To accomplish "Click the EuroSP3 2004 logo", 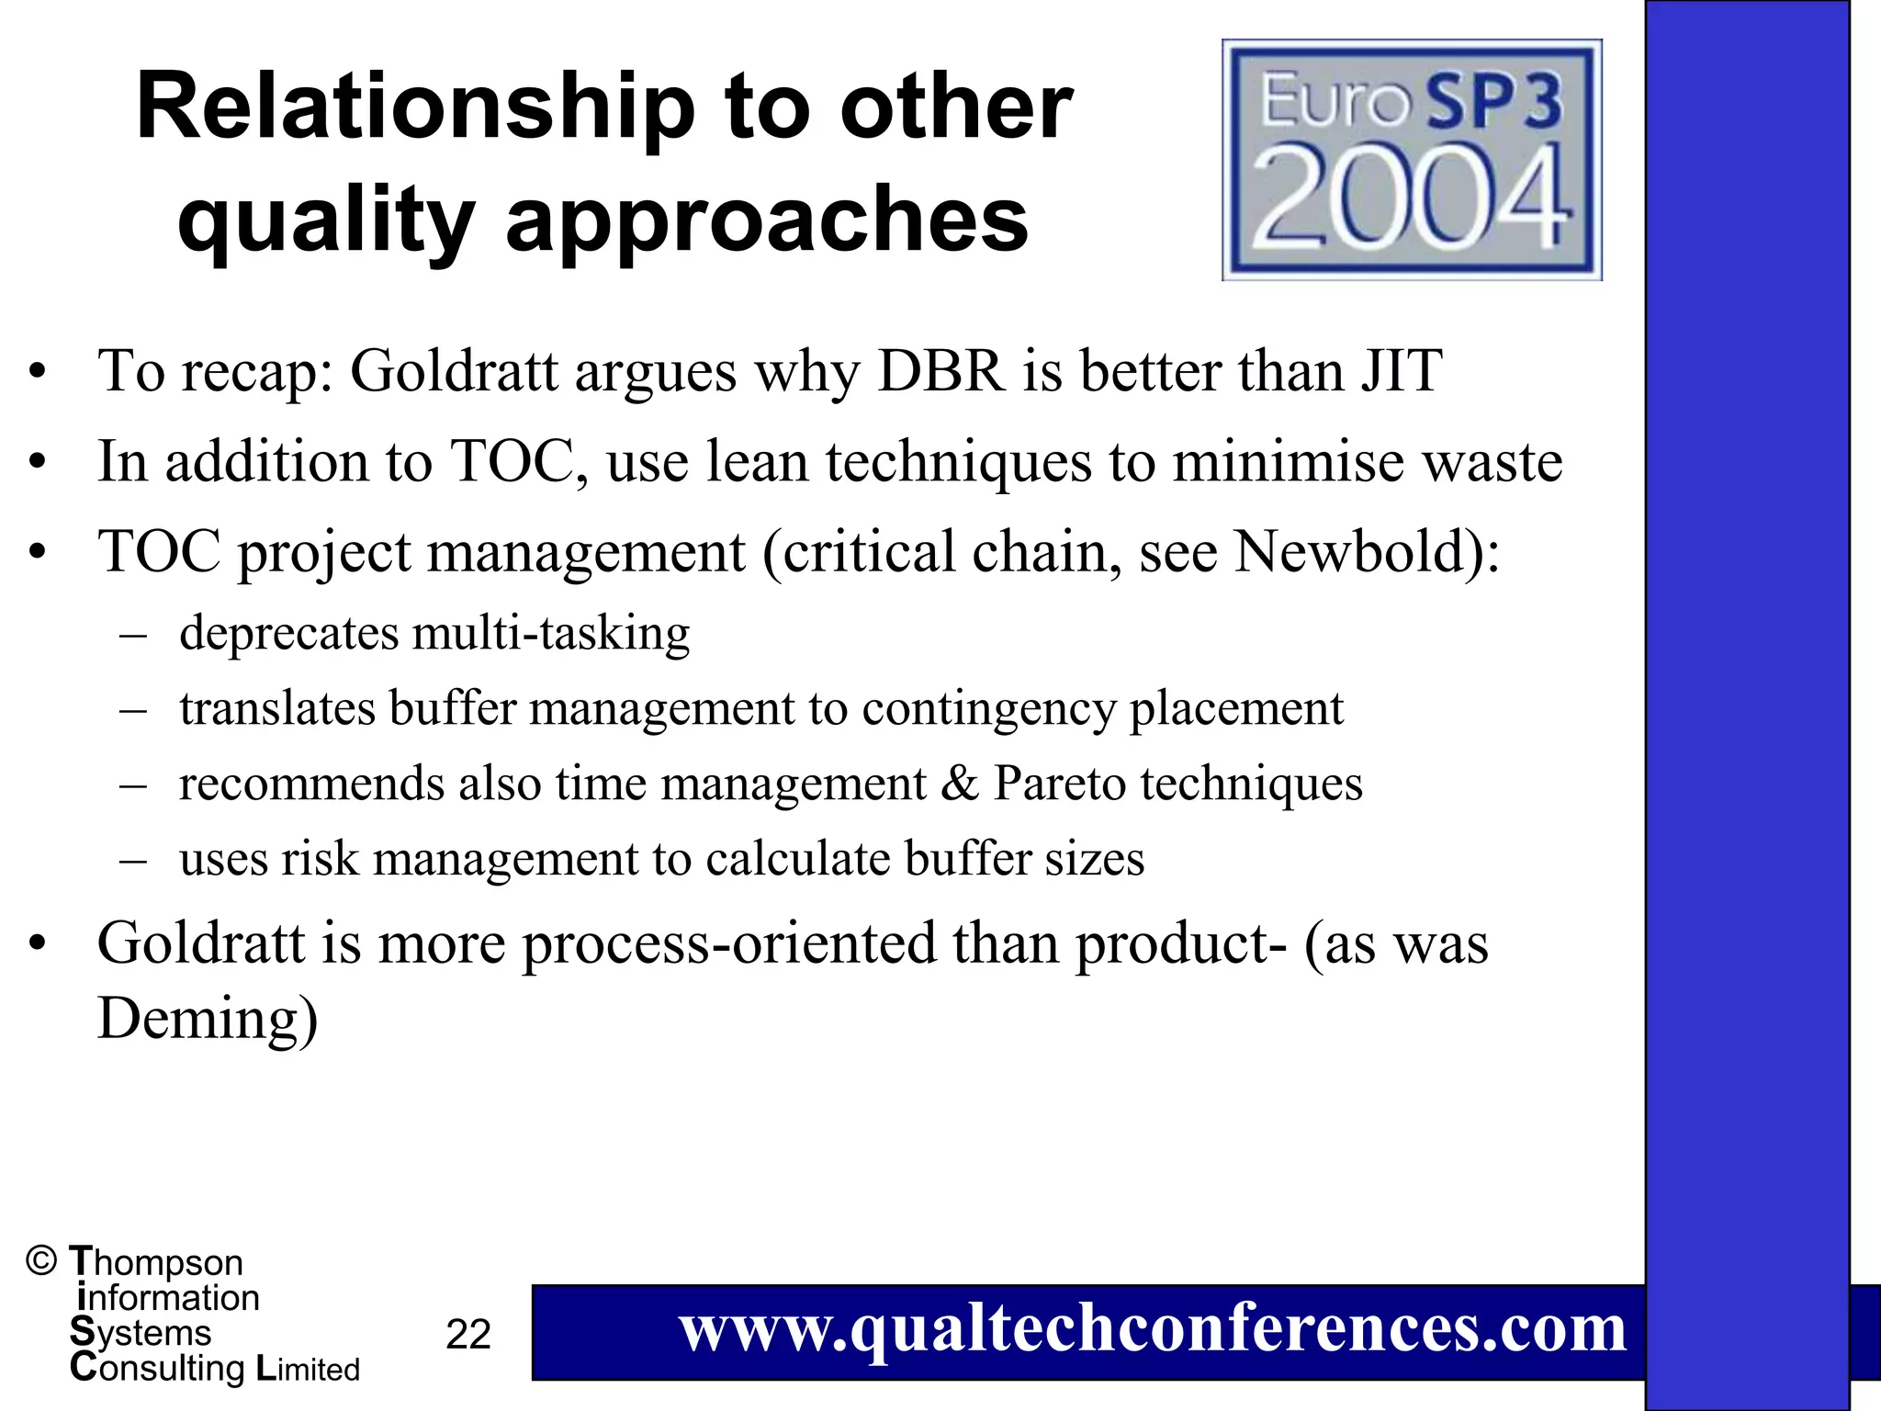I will pos(1412,160).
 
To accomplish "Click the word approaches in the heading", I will pos(767,220).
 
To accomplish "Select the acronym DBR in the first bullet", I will pos(941,371).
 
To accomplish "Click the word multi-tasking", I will pos(551,633).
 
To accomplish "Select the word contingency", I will pos(988,708).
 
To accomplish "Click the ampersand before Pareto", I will pos(960,784).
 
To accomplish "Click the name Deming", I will pos(208,1019).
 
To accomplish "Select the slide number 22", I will pos(468,1334).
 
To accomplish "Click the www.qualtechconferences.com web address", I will pos(1153,1329).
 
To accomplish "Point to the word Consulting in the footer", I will pos(157,1368).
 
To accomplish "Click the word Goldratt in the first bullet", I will pos(454,371).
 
